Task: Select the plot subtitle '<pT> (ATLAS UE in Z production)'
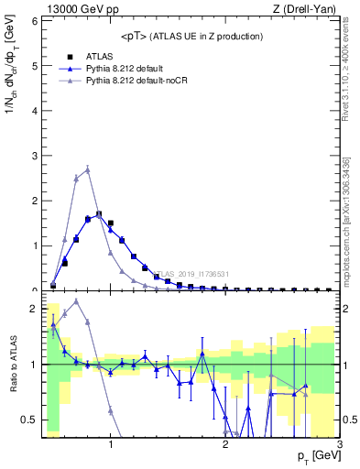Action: pyautogui.click(x=191, y=37)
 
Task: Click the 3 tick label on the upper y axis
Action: pyautogui.click(x=34, y=156)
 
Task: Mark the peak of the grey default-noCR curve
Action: pyautogui.click(x=87, y=169)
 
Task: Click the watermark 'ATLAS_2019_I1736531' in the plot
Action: pyautogui.click(x=193, y=274)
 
